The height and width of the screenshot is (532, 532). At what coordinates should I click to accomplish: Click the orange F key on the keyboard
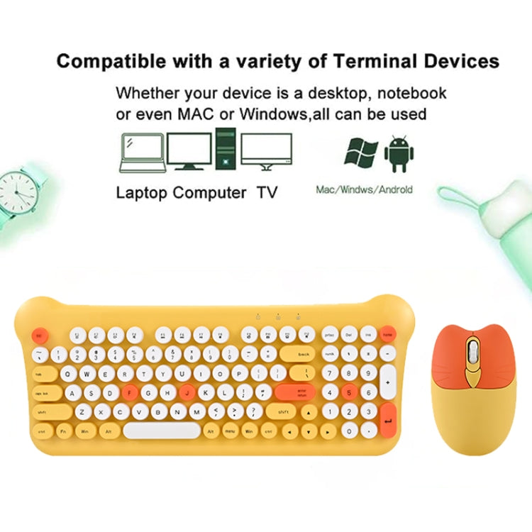129,391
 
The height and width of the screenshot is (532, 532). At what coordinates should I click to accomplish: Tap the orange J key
187,391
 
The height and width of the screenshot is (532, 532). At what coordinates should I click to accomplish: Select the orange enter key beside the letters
294,391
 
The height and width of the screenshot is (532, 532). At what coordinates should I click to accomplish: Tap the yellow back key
298,353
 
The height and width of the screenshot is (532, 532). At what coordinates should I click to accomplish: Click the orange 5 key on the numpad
350,391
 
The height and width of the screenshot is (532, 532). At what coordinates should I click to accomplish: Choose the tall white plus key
388,381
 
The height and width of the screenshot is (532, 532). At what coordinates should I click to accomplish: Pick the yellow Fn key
64,430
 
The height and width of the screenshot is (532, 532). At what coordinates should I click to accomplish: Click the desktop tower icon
226,149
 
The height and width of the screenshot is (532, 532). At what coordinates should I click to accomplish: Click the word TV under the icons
267,192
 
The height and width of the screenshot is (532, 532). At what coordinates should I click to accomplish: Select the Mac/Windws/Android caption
364,190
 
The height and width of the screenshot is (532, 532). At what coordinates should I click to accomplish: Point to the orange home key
388,333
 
